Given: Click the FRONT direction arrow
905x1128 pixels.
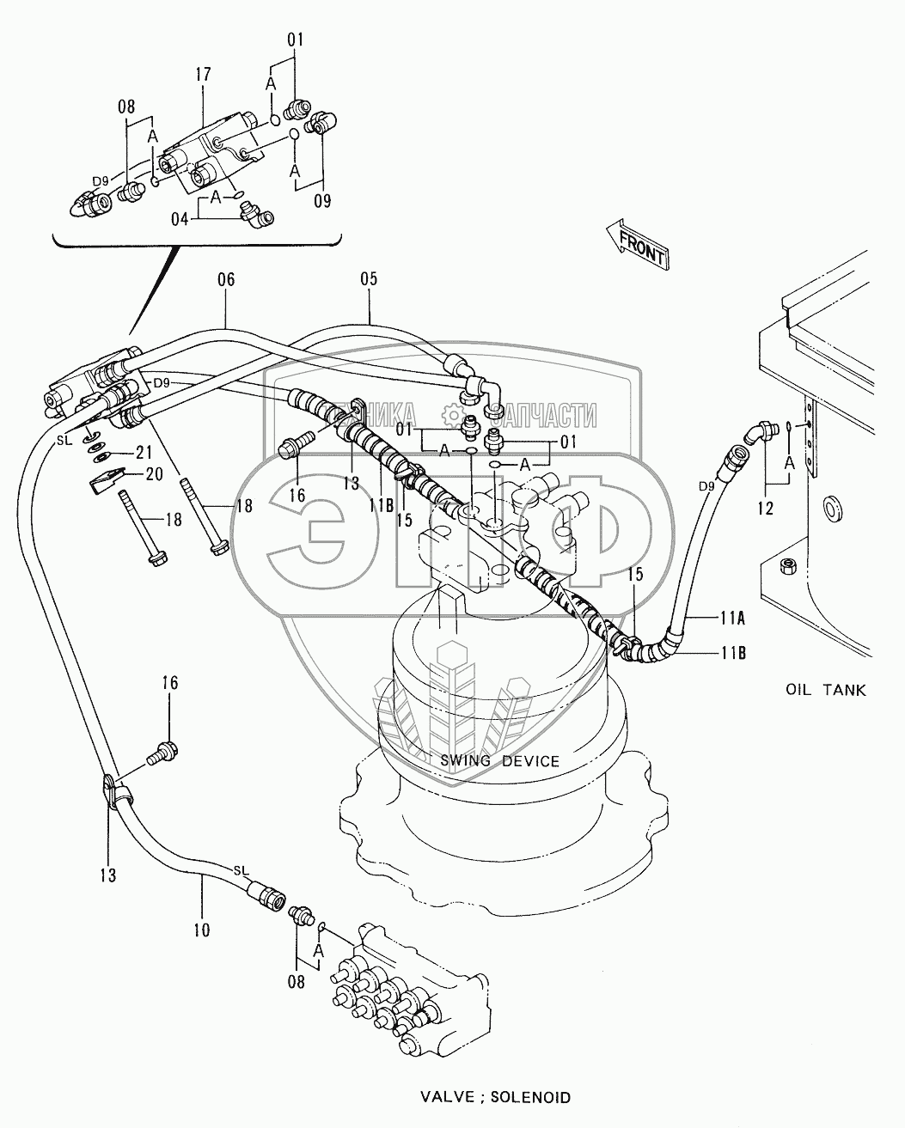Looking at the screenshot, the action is click(637, 243).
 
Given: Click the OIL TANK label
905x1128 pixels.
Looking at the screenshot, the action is click(825, 690).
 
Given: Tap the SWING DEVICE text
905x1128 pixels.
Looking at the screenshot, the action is click(499, 760).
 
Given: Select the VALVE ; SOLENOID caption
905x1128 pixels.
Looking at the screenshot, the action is click(495, 1096).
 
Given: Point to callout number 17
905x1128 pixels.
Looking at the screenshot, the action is click(203, 75).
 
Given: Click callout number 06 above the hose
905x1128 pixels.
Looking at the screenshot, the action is click(226, 279).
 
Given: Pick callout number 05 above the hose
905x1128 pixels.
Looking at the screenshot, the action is click(369, 279).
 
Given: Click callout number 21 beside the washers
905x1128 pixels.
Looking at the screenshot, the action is click(144, 452).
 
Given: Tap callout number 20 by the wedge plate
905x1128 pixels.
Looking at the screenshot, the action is click(155, 474).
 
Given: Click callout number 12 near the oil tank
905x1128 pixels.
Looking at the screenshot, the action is click(766, 508).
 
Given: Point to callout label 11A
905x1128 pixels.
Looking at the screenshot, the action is click(732, 619).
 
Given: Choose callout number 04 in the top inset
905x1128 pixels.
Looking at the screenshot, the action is click(180, 219).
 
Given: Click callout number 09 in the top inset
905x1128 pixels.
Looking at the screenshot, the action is click(322, 200).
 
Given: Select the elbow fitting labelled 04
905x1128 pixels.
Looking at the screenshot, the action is click(256, 215).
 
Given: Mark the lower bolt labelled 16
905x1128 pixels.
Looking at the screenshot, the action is click(163, 753).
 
